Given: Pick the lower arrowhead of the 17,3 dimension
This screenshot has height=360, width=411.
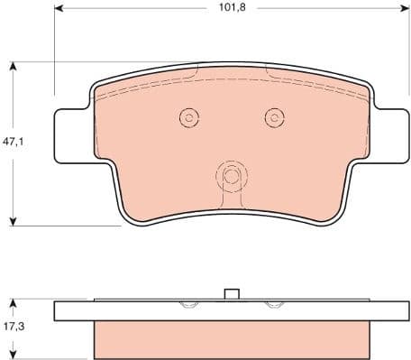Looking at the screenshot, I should [x=14, y=355].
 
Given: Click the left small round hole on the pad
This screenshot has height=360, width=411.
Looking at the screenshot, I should [x=188, y=116].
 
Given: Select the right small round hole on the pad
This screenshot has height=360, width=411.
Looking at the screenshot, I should [x=273, y=116].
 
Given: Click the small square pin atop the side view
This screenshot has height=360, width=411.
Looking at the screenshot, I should [x=231, y=294].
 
